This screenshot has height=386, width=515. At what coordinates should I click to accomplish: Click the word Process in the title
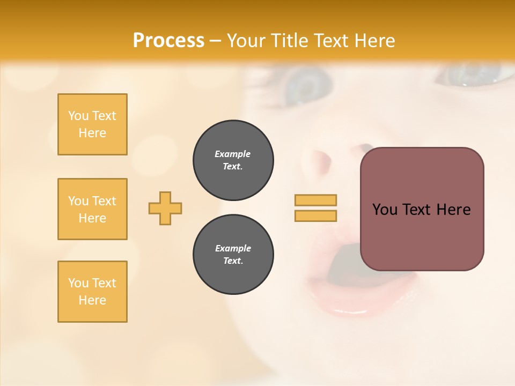[168, 41]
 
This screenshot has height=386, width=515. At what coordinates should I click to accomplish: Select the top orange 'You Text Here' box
[92, 124]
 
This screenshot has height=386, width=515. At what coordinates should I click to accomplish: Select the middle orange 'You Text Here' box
[92, 209]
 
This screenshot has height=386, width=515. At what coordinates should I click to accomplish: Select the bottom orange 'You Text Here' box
[92, 292]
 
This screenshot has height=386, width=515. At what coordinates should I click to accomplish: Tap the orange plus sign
[165, 209]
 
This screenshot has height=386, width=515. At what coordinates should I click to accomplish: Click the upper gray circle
[233, 160]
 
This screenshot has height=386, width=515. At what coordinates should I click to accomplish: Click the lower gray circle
[233, 255]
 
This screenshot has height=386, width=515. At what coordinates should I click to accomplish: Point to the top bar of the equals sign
[315, 200]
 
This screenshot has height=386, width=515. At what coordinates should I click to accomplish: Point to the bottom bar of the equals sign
[315, 216]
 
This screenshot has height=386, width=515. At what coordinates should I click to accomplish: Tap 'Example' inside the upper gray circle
[233, 154]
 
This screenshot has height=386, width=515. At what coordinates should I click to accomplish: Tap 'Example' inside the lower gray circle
[233, 248]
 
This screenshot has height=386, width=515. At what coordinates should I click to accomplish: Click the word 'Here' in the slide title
[375, 41]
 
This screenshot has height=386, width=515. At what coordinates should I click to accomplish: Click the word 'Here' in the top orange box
[92, 133]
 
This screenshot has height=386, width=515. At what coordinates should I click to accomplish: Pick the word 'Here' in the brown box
[453, 210]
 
